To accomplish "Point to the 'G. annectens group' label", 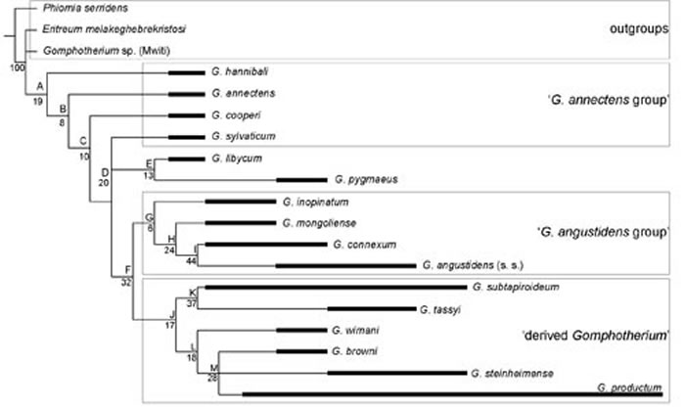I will point(607,101).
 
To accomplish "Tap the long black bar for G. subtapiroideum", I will point(332,288).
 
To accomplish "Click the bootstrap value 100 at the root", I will point(16,68).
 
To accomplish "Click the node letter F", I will point(126,270).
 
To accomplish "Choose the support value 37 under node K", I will point(192,304).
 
